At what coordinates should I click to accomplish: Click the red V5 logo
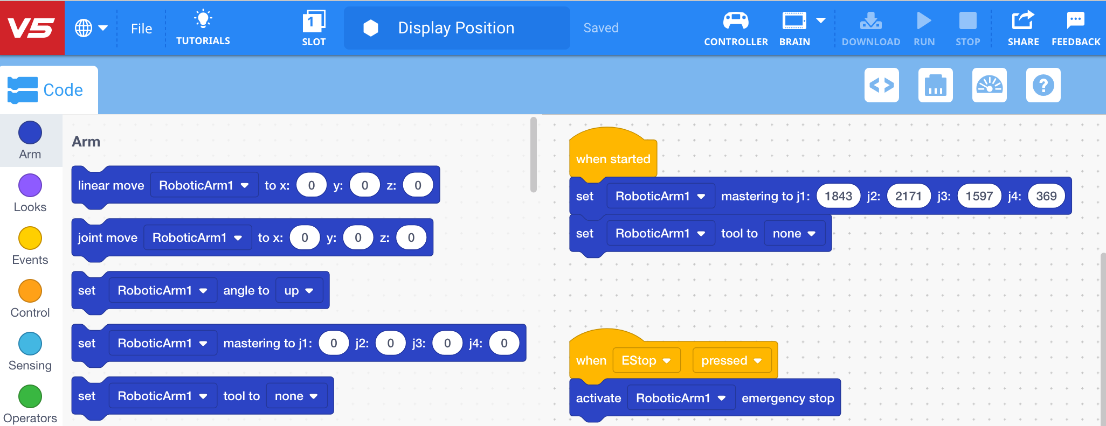pyautogui.click(x=32, y=27)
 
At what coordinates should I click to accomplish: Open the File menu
pyautogui.click(x=141, y=29)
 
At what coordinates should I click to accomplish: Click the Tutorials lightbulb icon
pyautogui.click(x=203, y=19)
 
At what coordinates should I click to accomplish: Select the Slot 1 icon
pyautogui.click(x=314, y=22)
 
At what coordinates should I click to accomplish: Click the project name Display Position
pyautogui.click(x=456, y=28)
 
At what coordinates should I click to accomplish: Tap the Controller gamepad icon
pyautogui.click(x=736, y=22)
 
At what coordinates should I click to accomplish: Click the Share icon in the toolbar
pyautogui.click(x=1023, y=21)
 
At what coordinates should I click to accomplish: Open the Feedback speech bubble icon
pyautogui.click(x=1075, y=21)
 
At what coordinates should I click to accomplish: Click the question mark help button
pyautogui.click(x=1043, y=85)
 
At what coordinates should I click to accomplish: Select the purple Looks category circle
pyautogui.click(x=30, y=186)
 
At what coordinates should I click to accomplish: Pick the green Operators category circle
pyautogui.click(x=30, y=396)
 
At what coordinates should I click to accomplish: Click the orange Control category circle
pyautogui.click(x=30, y=291)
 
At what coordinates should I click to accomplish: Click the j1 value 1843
pyautogui.click(x=838, y=196)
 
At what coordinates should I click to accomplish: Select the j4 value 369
pyautogui.click(x=1046, y=196)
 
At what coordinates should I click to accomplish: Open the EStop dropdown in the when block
pyautogui.click(x=646, y=360)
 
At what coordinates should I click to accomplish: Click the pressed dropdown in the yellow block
pyautogui.click(x=731, y=360)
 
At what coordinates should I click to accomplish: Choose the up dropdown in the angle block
pyautogui.click(x=299, y=291)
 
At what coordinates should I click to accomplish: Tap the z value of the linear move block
pyautogui.click(x=418, y=185)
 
